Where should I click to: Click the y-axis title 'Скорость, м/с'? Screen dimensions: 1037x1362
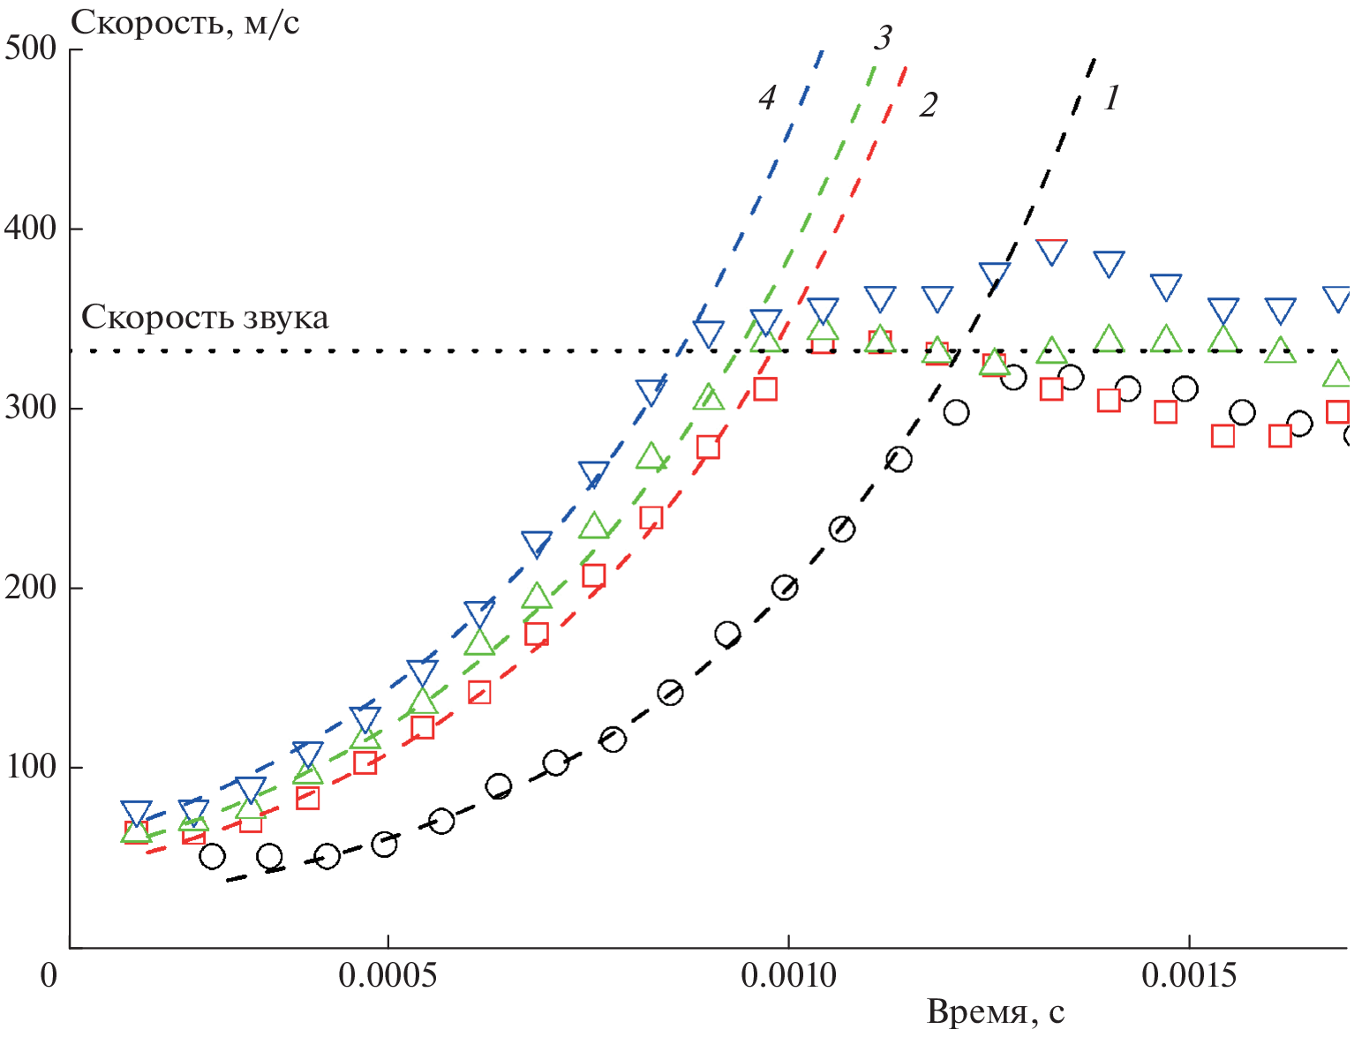(184, 23)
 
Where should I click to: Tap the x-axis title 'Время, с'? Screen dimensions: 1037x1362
(995, 1012)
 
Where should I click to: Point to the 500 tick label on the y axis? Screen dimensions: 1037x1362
(31, 48)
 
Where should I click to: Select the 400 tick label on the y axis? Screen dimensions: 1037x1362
(31, 229)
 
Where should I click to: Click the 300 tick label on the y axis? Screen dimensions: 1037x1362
(31, 409)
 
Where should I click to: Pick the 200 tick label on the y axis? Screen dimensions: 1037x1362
(31, 588)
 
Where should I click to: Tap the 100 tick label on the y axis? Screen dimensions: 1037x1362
(31, 767)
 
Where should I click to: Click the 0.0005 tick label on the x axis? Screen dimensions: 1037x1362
(387, 975)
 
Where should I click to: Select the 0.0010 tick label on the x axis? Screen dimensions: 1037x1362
(788, 975)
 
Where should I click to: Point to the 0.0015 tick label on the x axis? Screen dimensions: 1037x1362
(1189, 975)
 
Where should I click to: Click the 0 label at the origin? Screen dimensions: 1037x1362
(49, 975)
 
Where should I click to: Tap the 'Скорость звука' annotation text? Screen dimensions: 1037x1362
(205, 318)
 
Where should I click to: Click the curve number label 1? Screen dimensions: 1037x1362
(1111, 98)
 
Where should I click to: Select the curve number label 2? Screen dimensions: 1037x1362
(928, 105)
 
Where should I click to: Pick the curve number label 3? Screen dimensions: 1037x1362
(883, 38)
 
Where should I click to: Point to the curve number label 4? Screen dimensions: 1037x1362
(767, 98)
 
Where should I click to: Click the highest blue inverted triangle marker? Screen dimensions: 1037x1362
(1051, 252)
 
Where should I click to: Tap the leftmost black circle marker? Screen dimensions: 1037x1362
(212, 856)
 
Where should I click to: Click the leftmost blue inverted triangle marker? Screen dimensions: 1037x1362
(136, 813)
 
